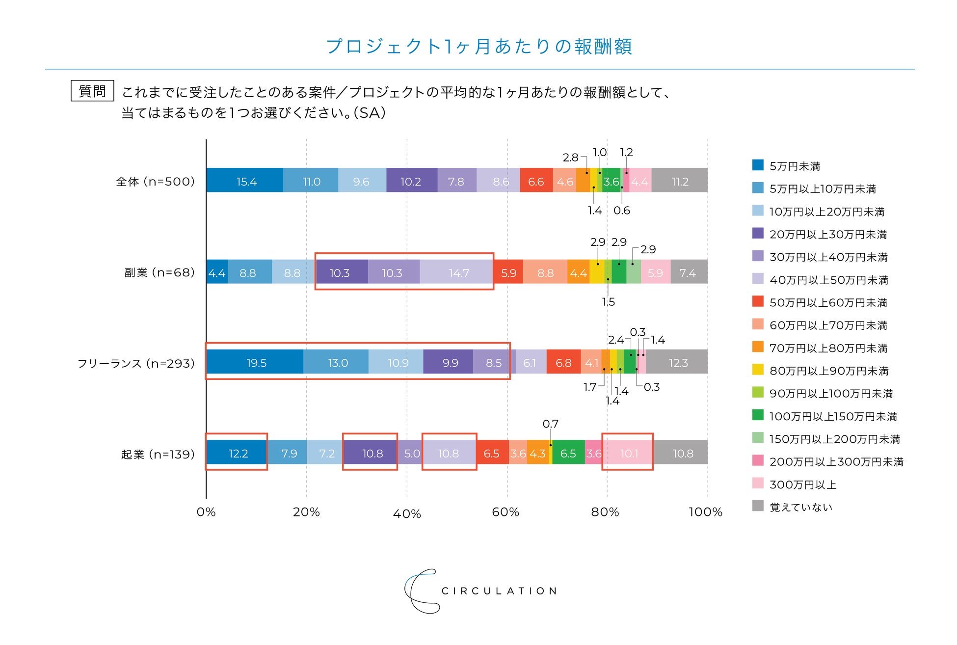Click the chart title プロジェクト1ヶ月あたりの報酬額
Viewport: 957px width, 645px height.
pos(478,47)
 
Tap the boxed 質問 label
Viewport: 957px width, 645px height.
pos(92,91)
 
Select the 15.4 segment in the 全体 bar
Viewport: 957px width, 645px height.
pos(246,181)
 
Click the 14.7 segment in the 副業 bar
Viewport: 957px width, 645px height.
pos(458,272)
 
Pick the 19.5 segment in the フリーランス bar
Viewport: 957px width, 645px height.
pos(256,363)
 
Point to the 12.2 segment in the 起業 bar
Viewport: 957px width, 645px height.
pos(238,453)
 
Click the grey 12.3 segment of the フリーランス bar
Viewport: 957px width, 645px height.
pos(678,363)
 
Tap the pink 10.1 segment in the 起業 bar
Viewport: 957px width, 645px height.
pos(629,453)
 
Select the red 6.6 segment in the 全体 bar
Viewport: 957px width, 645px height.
pos(535,181)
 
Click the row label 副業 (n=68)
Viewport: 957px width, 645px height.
pos(159,272)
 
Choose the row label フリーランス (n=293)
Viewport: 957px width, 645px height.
pos(136,363)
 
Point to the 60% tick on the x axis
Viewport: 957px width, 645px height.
pos(505,512)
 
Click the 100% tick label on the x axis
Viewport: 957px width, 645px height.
pos(705,512)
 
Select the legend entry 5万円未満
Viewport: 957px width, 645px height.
pos(795,166)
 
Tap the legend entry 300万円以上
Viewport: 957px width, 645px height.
pos(802,485)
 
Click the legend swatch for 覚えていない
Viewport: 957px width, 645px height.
pos(758,506)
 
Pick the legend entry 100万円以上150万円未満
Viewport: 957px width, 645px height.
pos(833,417)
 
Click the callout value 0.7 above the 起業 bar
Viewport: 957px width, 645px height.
pos(550,424)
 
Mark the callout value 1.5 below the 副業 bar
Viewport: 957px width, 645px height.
pos(608,302)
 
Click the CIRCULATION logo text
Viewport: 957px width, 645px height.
pos(499,591)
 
